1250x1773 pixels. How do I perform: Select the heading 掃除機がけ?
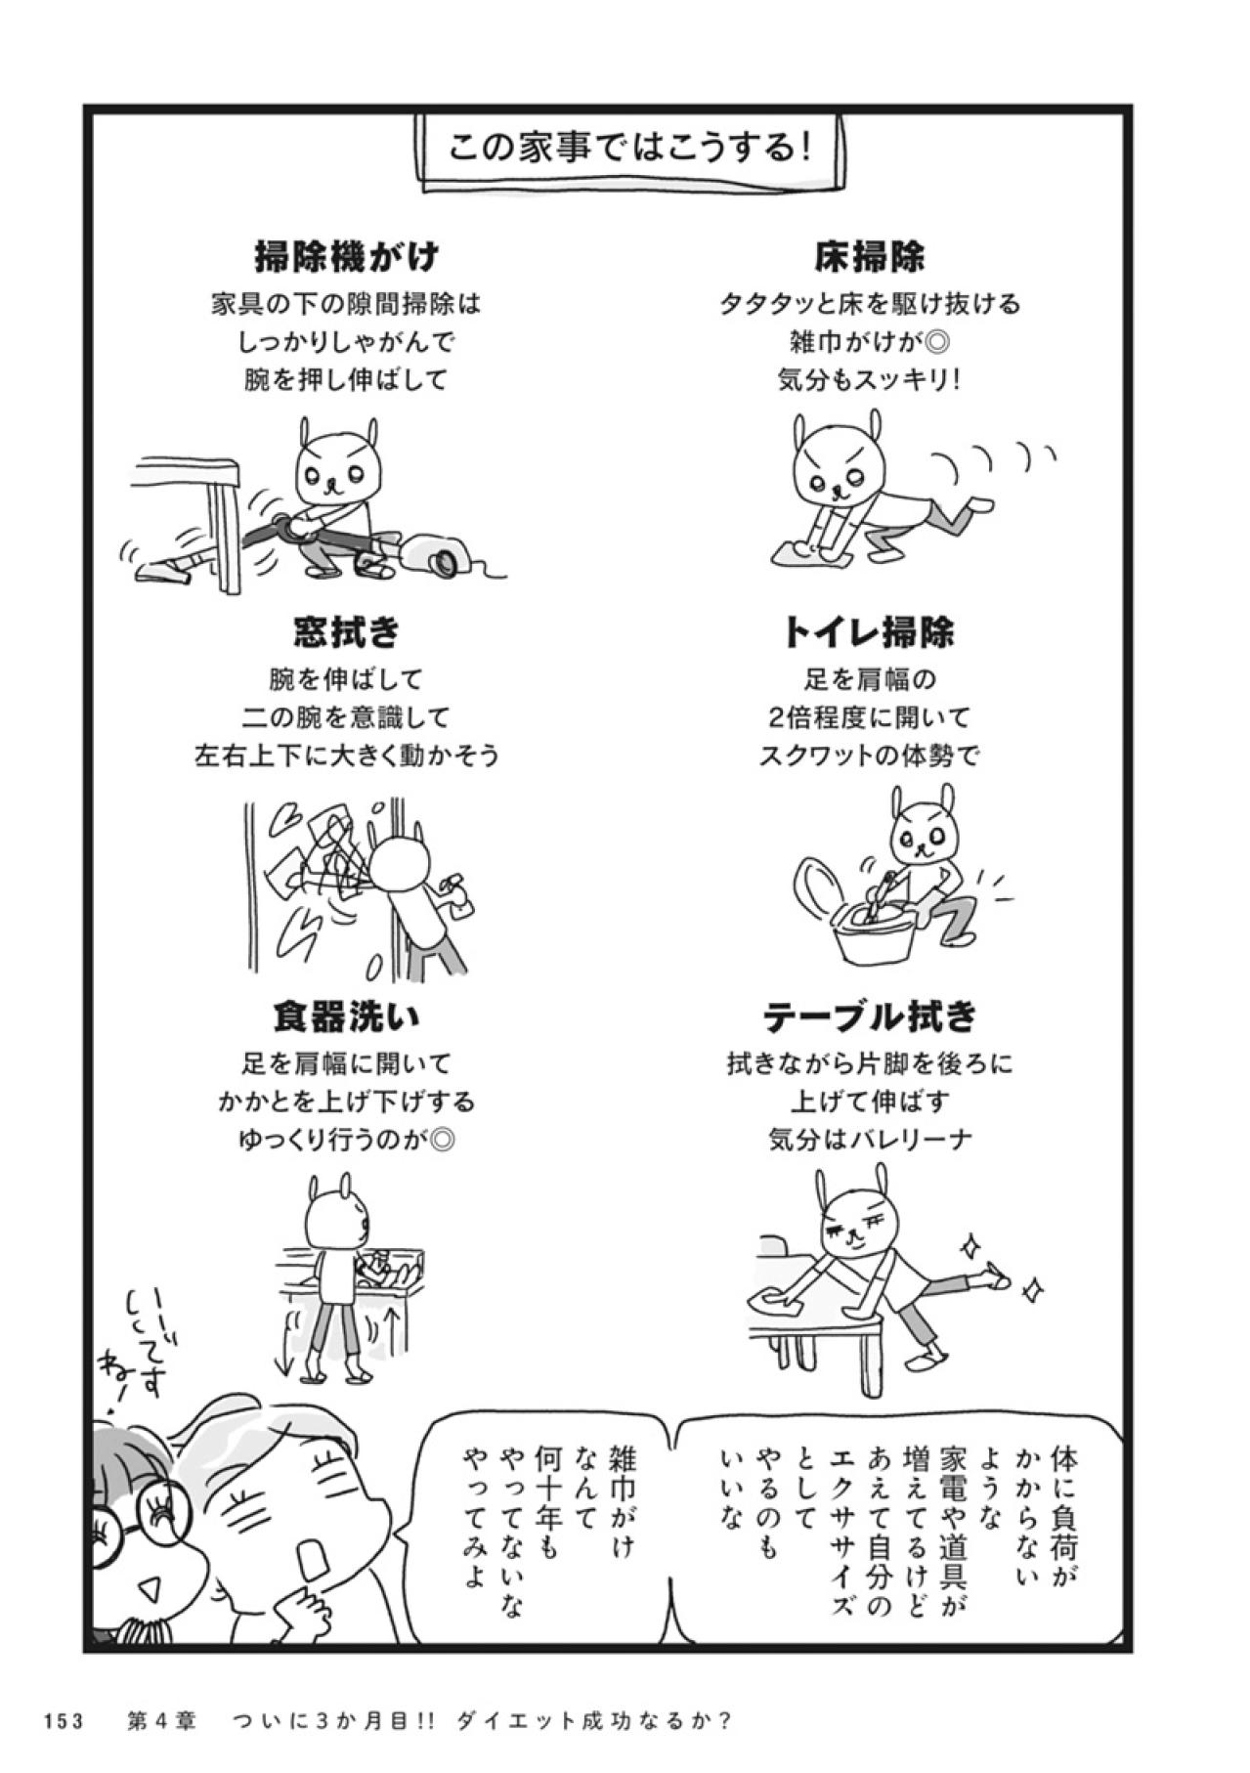coord(346,256)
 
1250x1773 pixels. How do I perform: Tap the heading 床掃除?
coord(869,256)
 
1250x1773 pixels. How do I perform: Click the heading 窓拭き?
coord(346,632)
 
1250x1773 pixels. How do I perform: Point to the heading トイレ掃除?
coord(869,632)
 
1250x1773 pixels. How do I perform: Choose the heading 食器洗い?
coord(346,1016)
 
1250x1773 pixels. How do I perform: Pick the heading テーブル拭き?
coord(869,1016)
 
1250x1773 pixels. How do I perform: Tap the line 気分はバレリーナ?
coord(869,1140)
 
